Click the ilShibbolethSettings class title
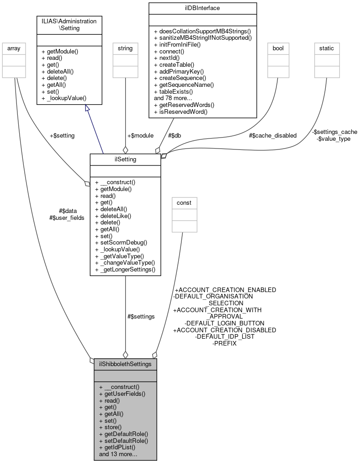(125, 364)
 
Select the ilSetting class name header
(125, 159)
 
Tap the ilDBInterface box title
(202, 8)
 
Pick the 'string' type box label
(125, 48)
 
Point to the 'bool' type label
(278, 48)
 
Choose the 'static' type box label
(327, 48)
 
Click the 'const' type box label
(184, 202)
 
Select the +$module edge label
(140, 136)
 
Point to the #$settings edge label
(141, 316)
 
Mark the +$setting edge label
(62, 136)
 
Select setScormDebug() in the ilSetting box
(121, 243)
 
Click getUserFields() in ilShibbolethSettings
(122, 394)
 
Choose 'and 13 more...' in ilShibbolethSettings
(118, 455)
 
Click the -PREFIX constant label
(224, 343)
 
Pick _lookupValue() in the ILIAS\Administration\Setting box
(64, 98)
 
